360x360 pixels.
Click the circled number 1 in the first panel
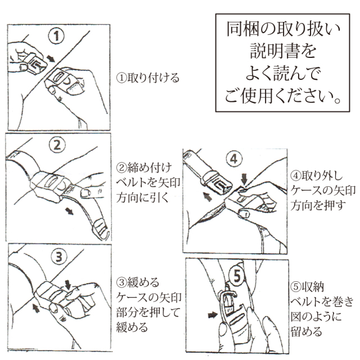point(56,36)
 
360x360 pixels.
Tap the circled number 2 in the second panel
point(57,145)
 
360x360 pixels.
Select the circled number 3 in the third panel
point(59,256)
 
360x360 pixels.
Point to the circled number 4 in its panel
point(234,159)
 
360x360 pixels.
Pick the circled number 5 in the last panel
point(237,276)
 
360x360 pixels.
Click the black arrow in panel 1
point(51,58)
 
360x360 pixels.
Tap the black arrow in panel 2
point(69,211)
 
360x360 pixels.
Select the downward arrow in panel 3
point(67,285)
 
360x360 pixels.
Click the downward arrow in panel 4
point(244,179)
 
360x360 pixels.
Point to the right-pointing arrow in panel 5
point(213,315)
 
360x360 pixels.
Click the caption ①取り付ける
point(148,78)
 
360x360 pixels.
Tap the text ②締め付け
point(144,168)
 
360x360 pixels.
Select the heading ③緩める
point(138,282)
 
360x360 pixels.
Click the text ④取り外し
point(317,175)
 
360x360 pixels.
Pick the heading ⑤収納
point(307,286)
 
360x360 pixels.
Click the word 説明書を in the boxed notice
point(283,51)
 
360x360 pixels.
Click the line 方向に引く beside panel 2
point(142,197)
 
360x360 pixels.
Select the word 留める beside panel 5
point(307,331)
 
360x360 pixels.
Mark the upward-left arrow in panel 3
point(36,308)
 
